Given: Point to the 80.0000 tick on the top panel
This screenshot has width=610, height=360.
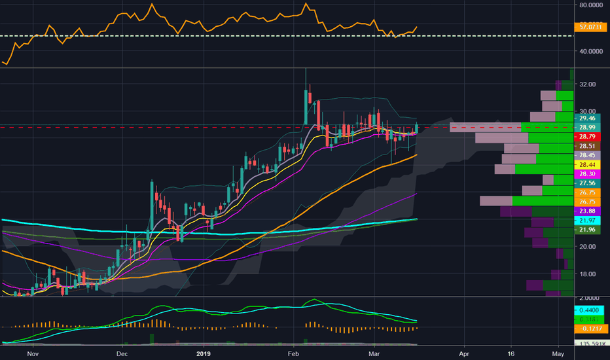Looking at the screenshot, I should [590, 5].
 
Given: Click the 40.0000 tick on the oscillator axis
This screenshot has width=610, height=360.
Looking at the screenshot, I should [590, 51].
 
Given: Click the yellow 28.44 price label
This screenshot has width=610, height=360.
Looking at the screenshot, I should [584, 165].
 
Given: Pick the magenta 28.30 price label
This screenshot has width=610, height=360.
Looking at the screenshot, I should [584, 175].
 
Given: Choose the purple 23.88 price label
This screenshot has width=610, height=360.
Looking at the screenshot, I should [584, 211].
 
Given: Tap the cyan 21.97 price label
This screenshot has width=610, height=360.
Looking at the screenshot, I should [584, 221].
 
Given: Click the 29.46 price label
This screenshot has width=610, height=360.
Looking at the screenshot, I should [584, 119].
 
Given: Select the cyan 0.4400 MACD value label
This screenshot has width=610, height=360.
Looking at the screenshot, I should [586, 309].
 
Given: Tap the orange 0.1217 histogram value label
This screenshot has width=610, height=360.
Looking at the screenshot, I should [586, 328].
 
